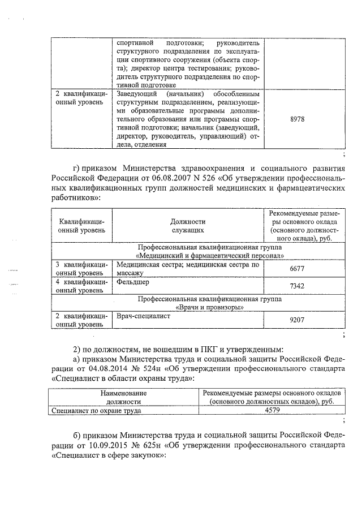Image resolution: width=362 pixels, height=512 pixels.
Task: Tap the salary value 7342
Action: click(297, 286)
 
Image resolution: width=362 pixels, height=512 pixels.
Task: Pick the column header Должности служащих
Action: click(188, 226)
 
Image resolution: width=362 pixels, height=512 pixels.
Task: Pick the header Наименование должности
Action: click(123, 397)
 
